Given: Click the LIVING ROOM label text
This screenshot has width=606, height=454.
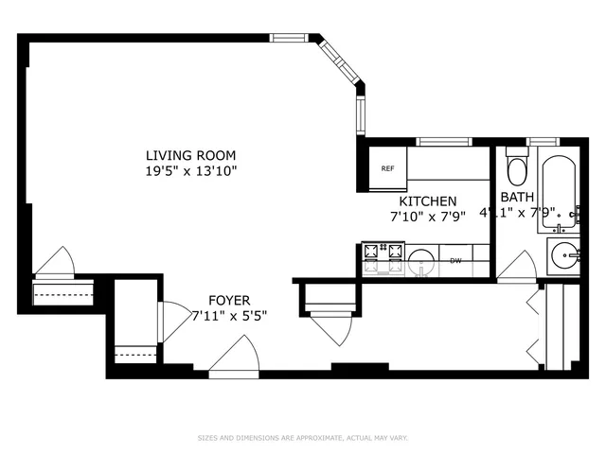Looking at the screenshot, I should coord(190,155).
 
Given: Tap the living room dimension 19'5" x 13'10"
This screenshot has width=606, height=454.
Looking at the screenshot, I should coord(190,171).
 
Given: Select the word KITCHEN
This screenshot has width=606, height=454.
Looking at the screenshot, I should coord(428,201).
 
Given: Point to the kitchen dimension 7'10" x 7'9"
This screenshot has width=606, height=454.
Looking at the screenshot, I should coord(428,217).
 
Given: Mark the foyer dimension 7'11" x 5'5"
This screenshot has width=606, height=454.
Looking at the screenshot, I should coord(229,315).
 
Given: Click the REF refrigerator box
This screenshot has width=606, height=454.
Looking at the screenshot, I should coord(387,168).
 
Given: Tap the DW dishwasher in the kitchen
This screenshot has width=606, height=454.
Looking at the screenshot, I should coord(455,260).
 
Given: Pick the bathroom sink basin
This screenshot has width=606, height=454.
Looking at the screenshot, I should coord(565,255).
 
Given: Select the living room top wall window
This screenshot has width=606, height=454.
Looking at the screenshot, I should coord(288,38).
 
